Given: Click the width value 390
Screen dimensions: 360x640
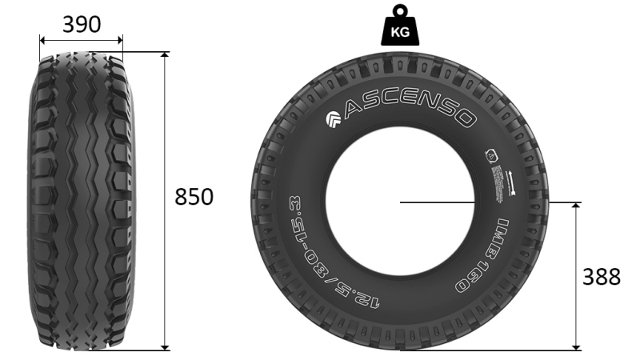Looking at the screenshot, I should click(82, 25).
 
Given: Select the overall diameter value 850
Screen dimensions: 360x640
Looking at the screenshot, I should click(194, 197).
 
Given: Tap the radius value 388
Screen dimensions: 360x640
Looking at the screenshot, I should click(601, 277).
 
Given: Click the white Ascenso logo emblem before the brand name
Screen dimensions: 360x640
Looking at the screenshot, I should click(334, 121).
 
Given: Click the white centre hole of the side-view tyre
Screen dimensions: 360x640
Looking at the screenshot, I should click(400, 200).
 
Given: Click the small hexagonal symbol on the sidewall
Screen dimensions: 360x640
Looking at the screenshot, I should click(490, 156).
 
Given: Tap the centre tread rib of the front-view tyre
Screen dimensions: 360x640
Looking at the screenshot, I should click(82, 200).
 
